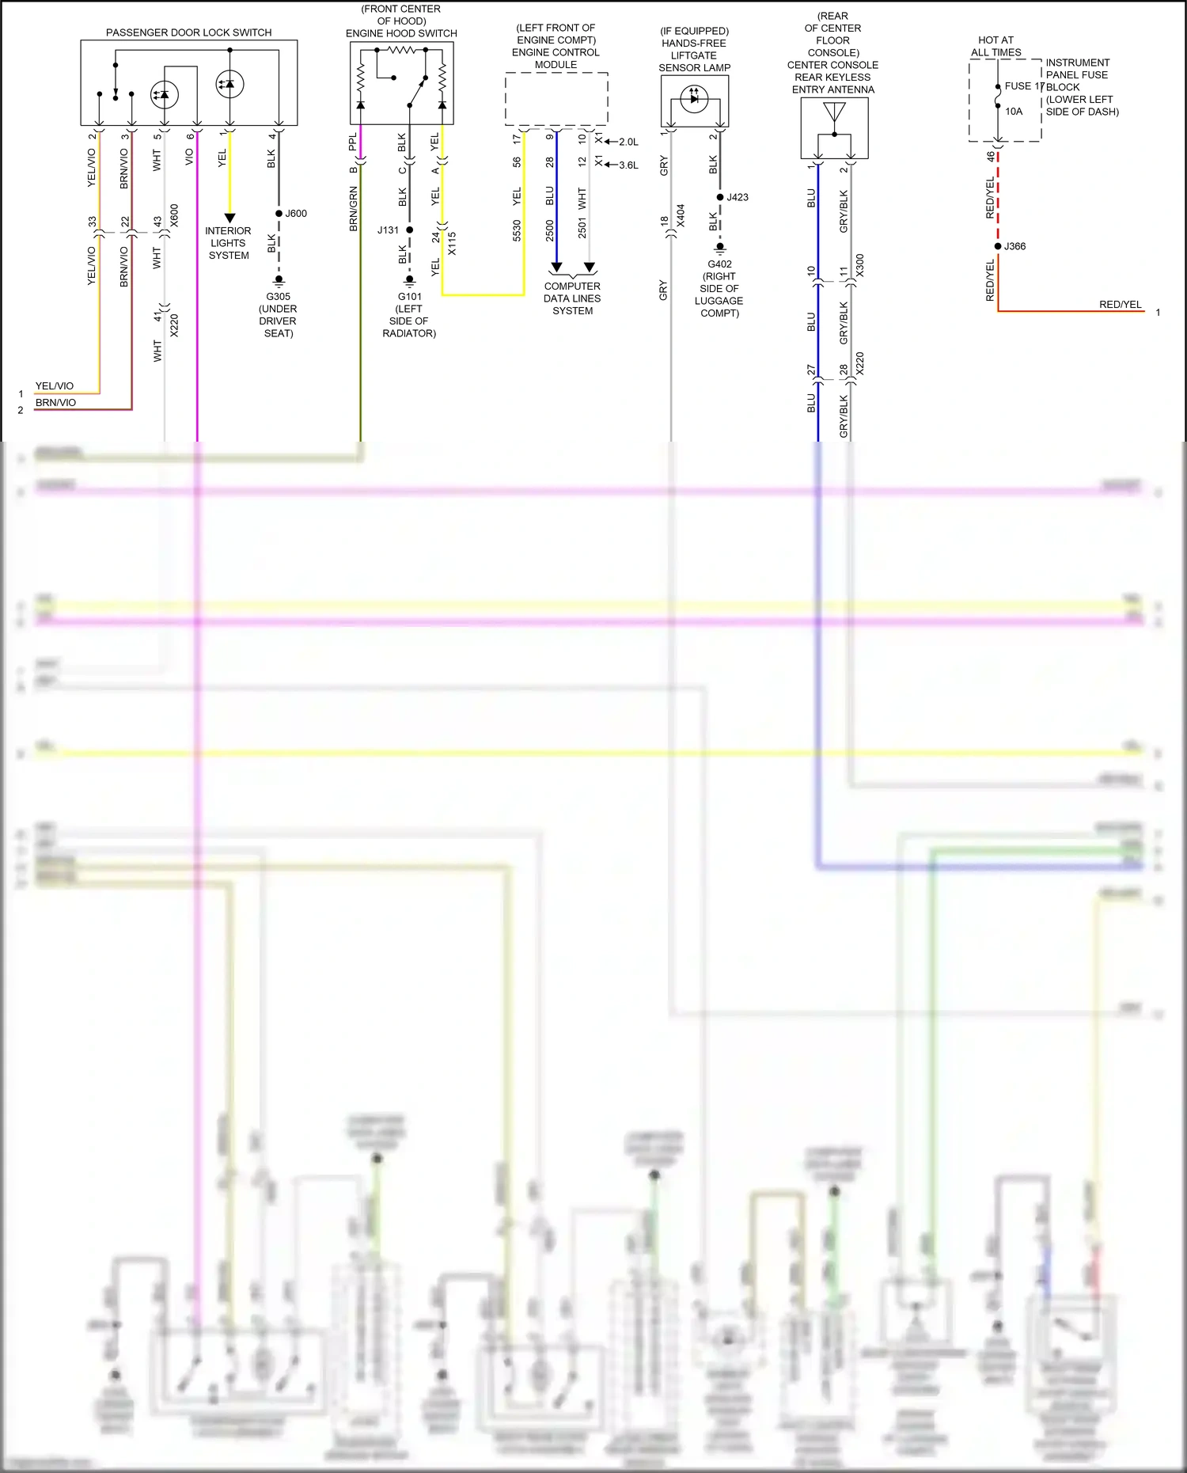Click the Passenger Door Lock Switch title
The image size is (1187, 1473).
pyautogui.click(x=188, y=32)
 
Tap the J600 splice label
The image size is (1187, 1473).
pyautogui.click(x=296, y=214)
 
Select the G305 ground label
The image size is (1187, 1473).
pyautogui.click(x=278, y=297)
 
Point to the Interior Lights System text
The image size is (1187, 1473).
pyautogui.click(x=228, y=243)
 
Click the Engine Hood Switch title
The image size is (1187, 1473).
pyautogui.click(x=401, y=33)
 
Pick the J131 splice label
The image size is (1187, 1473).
pyautogui.click(x=388, y=230)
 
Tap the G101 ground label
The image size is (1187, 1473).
pyautogui.click(x=410, y=297)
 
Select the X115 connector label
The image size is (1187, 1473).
pyautogui.click(x=452, y=243)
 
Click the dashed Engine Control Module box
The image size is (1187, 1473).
pyautogui.click(x=556, y=99)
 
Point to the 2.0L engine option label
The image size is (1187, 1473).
pyautogui.click(x=628, y=142)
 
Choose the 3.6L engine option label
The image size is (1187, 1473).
pyautogui.click(x=628, y=165)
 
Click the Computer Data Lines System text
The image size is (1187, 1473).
pyautogui.click(x=572, y=298)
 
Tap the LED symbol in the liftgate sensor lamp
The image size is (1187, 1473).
pyautogui.click(x=694, y=99)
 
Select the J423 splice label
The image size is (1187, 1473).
pyautogui.click(x=738, y=197)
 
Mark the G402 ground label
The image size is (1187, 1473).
pyautogui.click(x=719, y=264)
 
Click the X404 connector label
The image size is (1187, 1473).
pyautogui.click(x=681, y=216)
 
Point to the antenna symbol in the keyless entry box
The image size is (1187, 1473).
pyautogui.click(x=834, y=113)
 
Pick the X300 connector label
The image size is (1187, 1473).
pyautogui.click(x=860, y=265)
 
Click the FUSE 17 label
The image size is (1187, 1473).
pyautogui.click(x=1024, y=86)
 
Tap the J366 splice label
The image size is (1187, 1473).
pyautogui.click(x=1014, y=246)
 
